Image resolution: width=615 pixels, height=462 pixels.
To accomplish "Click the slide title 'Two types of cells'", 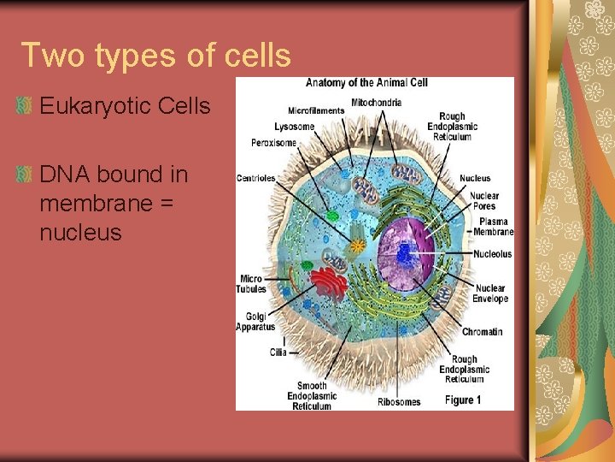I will (x=156, y=55).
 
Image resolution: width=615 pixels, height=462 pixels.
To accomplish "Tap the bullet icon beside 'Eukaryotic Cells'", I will (x=25, y=107).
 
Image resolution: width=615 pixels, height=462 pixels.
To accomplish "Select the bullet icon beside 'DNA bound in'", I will (x=25, y=175).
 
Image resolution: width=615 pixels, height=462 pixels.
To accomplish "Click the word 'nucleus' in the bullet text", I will (x=80, y=232).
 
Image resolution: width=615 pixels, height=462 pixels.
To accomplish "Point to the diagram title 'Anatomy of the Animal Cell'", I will (x=366, y=83).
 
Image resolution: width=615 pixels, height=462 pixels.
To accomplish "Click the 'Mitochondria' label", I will (x=376, y=103).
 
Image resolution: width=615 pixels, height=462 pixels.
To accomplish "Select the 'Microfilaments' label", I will (x=316, y=110).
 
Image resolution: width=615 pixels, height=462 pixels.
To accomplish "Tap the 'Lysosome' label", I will (x=295, y=127).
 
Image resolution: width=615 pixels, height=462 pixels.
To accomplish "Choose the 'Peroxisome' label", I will (x=274, y=142).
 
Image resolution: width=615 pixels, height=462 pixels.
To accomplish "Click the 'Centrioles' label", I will (x=256, y=178).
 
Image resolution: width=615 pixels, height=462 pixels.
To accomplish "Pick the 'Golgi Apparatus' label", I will (x=255, y=322).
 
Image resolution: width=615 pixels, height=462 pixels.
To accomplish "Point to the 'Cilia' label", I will (x=278, y=352).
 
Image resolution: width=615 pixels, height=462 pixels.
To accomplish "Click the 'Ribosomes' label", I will (x=399, y=401).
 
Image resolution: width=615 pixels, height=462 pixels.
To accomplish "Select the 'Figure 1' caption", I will (x=463, y=400).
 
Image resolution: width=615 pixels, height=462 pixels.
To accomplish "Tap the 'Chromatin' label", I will (x=482, y=332).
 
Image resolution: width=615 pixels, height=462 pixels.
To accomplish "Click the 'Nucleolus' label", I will (x=493, y=254).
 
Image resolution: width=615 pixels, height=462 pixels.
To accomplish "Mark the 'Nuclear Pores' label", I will (x=484, y=200).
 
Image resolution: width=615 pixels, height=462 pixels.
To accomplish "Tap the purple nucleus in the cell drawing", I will (x=406, y=248).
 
